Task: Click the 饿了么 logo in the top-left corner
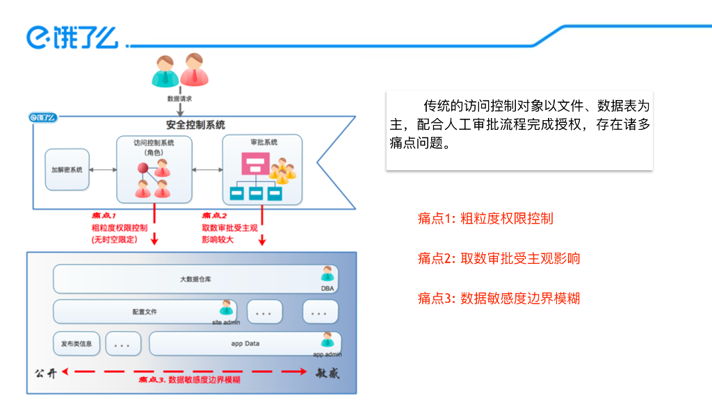pyautogui.click(x=72, y=37)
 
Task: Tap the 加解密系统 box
pyautogui.click(x=67, y=169)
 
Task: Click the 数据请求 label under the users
pyautogui.click(x=179, y=99)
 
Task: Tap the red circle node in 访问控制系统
pyautogui.click(x=142, y=168)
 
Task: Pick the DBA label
pyautogui.click(x=327, y=288)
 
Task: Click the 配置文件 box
pyautogui.click(x=145, y=312)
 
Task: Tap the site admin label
pyautogui.click(x=226, y=322)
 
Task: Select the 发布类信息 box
pyautogui.click(x=76, y=344)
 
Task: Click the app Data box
pyautogui.click(x=245, y=344)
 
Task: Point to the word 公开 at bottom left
pyautogui.click(x=46, y=372)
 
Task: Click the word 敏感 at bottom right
pyautogui.click(x=327, y=373)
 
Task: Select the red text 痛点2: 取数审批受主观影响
pyautogui.click(x=499, y=258)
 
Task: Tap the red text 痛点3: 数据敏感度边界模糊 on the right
pyautogui.click(x=499, y=299)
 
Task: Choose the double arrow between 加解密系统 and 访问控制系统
pyautogui.click(x=103, y=169)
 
